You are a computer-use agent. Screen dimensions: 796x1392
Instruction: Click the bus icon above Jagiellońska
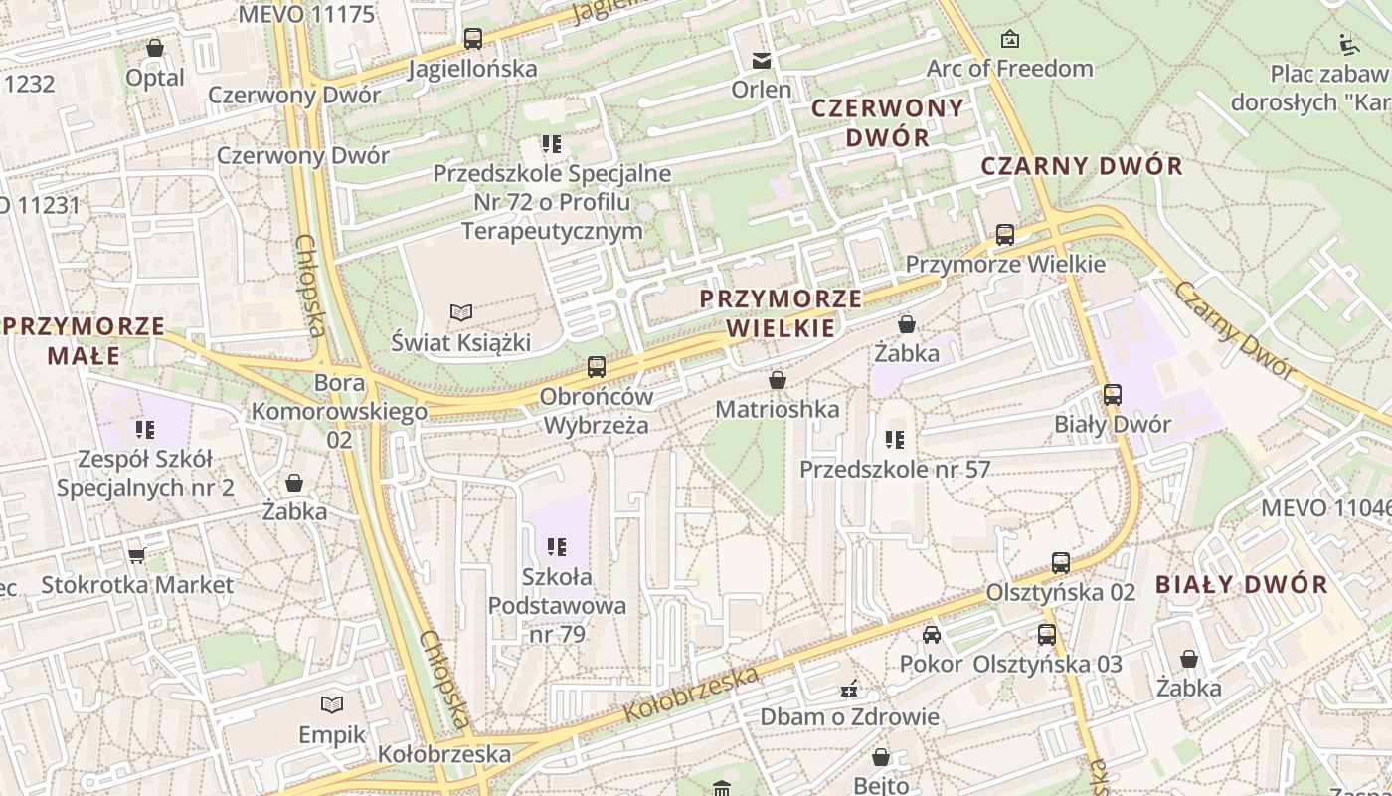tap(473, 39)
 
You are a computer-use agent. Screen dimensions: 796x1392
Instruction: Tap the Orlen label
tap(762, 89)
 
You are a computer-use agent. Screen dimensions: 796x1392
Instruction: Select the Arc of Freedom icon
tap(1010, 39)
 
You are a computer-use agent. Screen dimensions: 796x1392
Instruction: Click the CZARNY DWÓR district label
tap(1082, 166)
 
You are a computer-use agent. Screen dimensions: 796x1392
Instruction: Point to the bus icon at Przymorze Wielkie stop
tap(1005, 235)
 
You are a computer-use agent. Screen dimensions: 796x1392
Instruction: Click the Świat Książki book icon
tap(460, 313)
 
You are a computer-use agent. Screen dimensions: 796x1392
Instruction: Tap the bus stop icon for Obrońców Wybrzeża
tap(596, 367)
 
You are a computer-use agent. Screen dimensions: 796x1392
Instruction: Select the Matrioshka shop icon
tap(778, 380)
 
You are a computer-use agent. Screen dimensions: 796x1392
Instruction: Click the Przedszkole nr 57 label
tap(895, 469)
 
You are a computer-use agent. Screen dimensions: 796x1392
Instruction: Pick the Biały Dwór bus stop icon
tap(1113, 395)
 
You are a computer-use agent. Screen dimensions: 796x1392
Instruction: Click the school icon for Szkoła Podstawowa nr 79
tap(556, 546)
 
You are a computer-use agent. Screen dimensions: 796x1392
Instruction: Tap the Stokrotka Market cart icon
tap(136, 555)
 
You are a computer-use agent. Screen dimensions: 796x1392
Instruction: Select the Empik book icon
tap(332, 704)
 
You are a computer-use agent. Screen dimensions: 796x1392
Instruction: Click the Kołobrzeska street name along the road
tap(691, 695)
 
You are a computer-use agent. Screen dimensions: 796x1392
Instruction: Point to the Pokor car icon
tap(932, 635)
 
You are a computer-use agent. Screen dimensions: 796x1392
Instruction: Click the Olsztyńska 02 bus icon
tap(1061, 563)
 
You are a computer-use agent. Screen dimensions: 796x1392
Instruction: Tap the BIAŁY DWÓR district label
tap(1242, 585)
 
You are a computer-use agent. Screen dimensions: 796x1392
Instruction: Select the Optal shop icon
tap(155, 48)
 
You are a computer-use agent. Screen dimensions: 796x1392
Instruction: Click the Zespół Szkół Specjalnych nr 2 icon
tap(145, 430)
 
